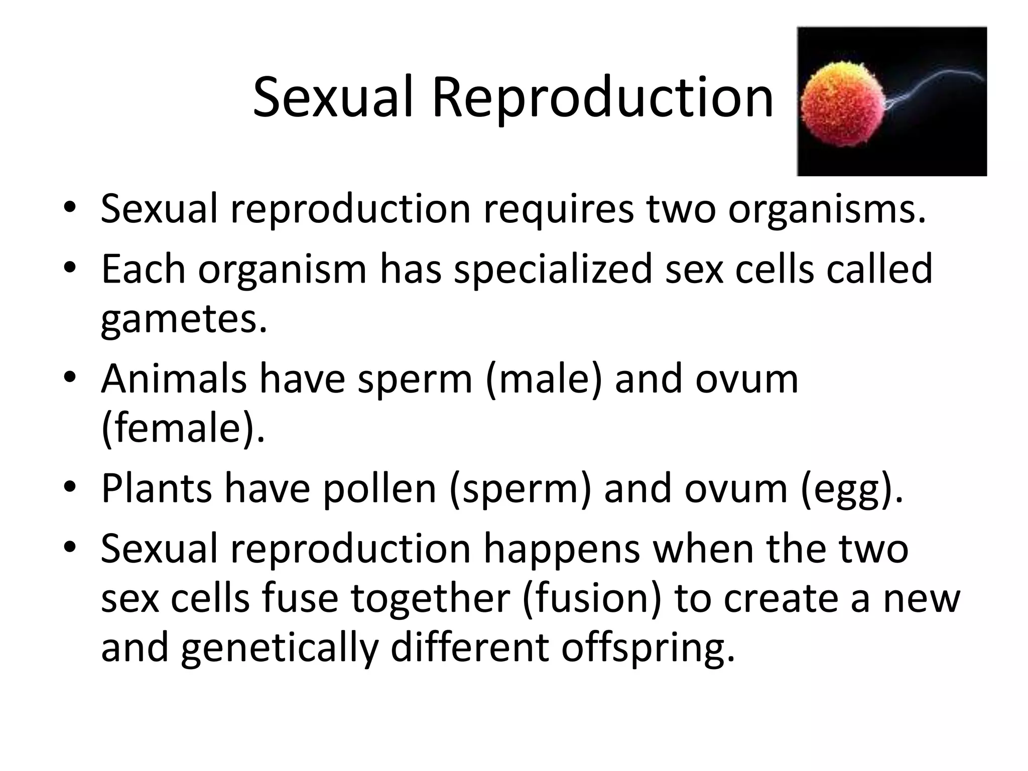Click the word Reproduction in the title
[602, 98]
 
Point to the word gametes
[184, 320]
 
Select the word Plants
[157, 488]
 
